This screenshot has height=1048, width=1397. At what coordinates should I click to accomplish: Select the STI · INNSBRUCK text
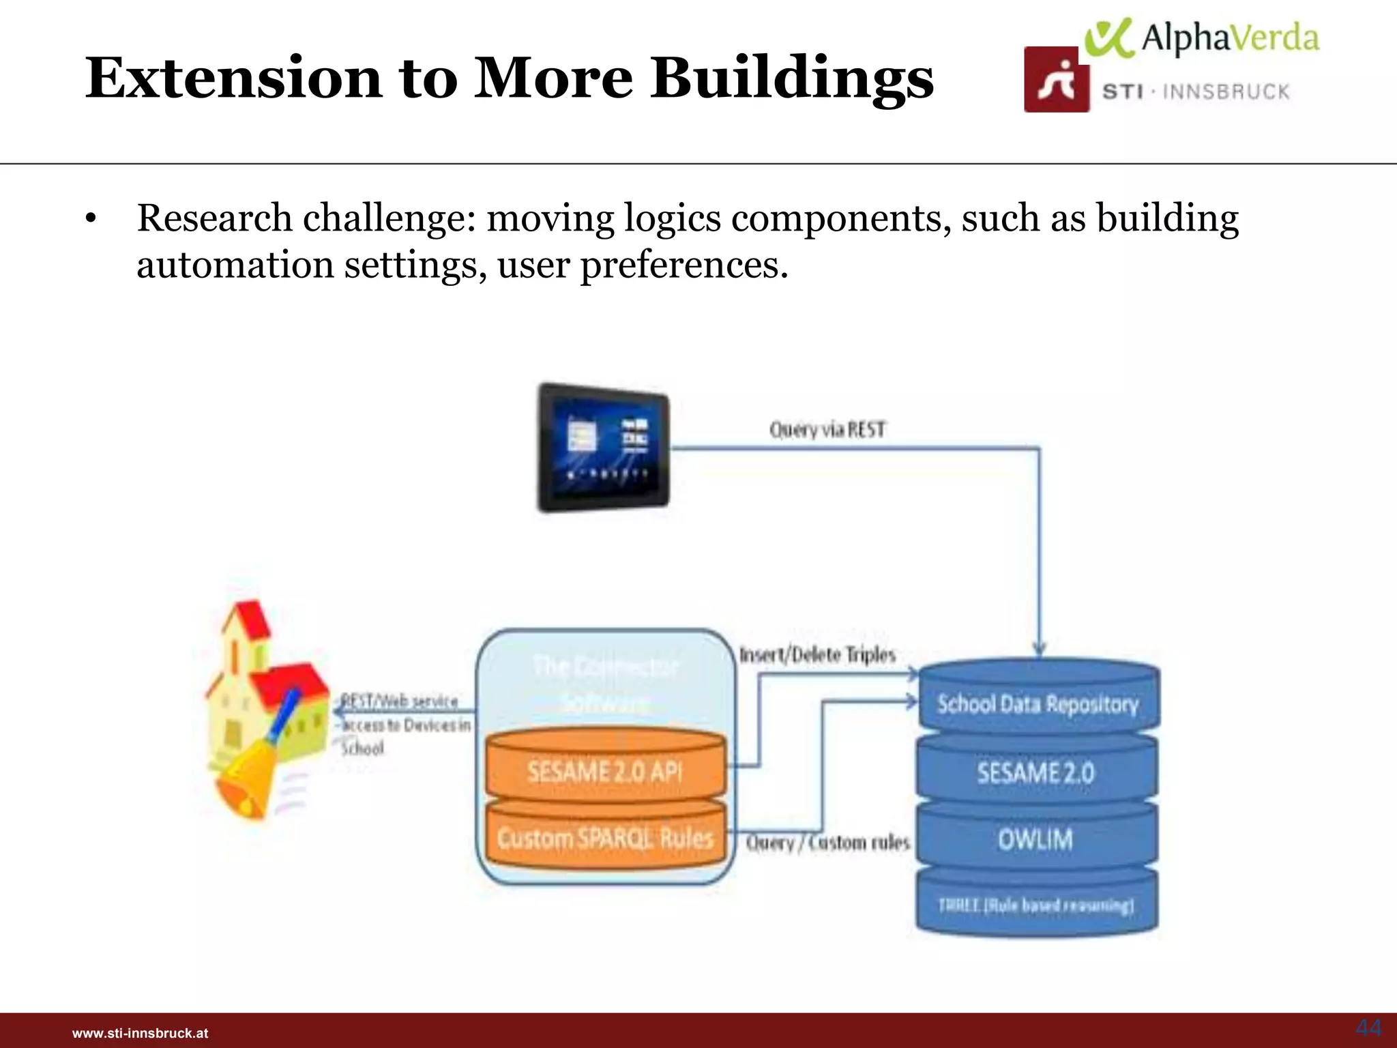(x=1196, y=92)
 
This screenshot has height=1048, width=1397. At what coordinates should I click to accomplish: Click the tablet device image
(x=603, y=447)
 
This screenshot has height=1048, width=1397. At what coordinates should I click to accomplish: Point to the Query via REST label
(x=827, y=430)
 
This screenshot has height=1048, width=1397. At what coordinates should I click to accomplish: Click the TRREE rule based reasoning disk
(x=1035, y=905)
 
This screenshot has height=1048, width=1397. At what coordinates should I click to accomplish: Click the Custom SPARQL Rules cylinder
(x=604, y=838)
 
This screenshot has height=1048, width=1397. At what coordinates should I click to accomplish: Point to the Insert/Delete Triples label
(x=817, y=655)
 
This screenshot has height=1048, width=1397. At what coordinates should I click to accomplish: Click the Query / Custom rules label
(x=827, y=843)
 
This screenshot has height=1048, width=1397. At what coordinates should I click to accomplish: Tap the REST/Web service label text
(x=400, y=701)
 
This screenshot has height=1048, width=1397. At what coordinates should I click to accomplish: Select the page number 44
(x=1368, y=1028)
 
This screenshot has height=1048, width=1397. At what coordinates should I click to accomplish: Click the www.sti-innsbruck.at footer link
(x=140, y=1033)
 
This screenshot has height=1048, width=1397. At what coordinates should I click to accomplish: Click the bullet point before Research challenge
(x=90, y=220)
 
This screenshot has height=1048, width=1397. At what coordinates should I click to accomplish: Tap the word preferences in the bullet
(x=683, y=265)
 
